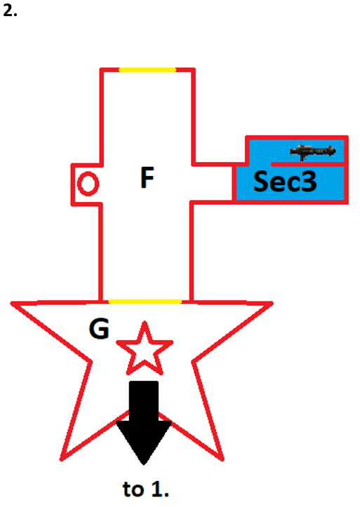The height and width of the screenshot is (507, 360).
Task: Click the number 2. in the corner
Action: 10,11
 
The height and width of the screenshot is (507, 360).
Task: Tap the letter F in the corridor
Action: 147,177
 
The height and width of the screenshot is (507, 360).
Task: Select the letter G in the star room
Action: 99,328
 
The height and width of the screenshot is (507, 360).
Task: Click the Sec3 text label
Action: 285,182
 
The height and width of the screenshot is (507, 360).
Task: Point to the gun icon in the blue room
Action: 313,151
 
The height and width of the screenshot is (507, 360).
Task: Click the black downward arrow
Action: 144,420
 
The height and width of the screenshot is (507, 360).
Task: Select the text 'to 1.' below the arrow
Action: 146,489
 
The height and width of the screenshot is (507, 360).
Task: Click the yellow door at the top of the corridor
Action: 147,70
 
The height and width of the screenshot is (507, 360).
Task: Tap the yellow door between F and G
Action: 145,302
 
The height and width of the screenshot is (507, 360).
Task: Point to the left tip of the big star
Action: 12,304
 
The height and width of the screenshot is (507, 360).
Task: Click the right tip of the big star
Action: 272,304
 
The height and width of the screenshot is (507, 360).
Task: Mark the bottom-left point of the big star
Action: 62,459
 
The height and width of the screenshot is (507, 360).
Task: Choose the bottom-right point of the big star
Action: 222,459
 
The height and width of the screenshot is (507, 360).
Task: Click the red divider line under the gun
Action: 309,164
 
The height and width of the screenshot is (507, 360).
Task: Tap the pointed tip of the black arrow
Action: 144,464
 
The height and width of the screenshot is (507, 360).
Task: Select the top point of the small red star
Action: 145,322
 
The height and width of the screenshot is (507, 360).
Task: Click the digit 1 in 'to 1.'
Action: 156,489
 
